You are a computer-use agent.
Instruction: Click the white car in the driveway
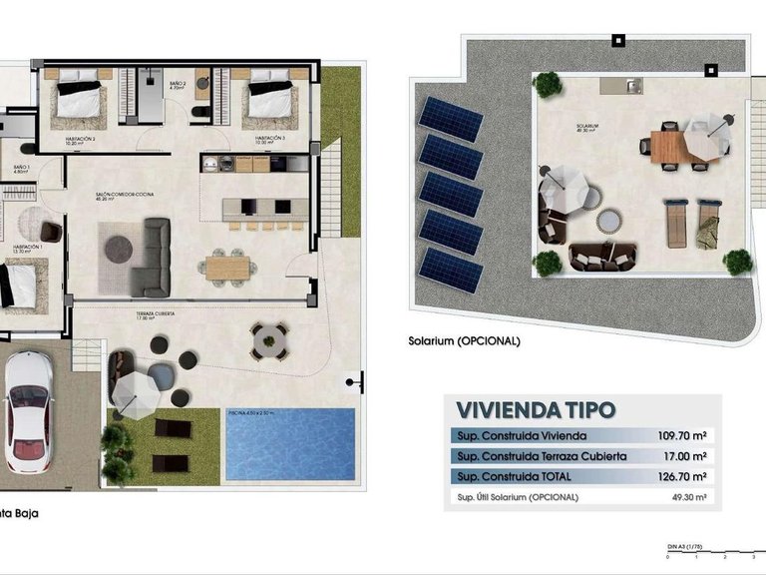29,410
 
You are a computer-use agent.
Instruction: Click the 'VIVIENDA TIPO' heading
535,410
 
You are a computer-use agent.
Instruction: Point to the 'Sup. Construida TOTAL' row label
518,477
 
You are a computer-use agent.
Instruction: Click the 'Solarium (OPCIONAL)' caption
464,340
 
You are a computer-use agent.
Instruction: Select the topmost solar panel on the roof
451,119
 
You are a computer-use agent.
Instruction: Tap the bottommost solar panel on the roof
451,270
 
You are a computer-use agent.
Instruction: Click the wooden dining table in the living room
228,267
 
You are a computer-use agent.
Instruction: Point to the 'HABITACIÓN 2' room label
79,139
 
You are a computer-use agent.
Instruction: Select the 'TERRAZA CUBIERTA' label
157,313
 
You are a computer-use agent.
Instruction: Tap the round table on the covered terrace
269,340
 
